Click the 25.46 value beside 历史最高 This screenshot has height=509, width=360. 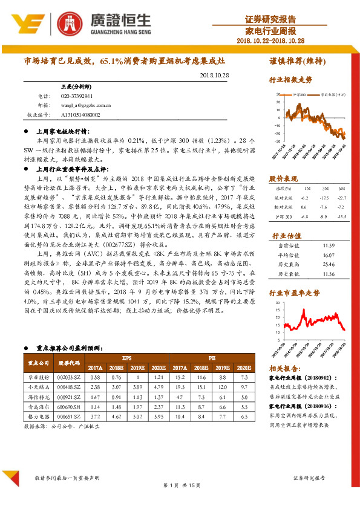[329, 264]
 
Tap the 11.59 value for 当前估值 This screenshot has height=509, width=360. [329, 246]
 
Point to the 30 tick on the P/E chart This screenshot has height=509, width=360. [277, 302]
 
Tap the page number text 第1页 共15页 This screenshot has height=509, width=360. [179, 486]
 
